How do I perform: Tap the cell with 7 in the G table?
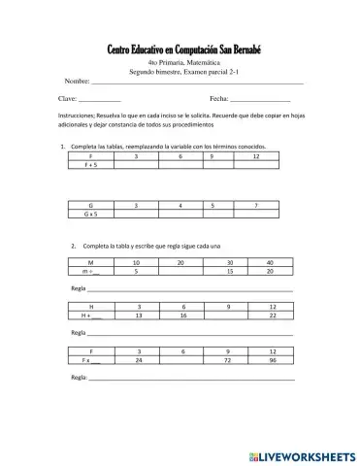pyautogui.click(x=255, y=206)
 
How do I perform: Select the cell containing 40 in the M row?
pyautogui.click(x=270, y=262)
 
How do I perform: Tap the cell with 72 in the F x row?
pyautogui.click(x=227, y=360)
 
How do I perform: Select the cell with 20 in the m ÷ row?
pyautogui.click(x=270, y=272)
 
